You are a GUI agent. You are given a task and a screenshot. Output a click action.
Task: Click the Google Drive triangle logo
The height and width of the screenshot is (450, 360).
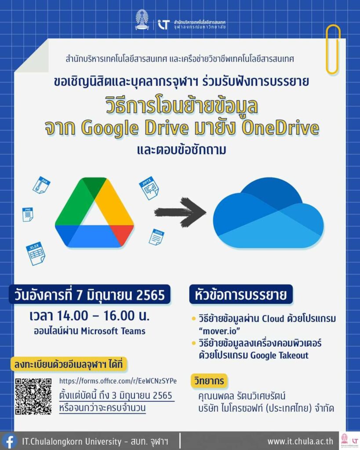tap(94, 213)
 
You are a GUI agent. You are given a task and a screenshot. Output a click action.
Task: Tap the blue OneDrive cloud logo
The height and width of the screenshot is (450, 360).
tap(269, 213)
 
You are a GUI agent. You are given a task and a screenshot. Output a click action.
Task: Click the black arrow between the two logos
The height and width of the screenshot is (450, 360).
tap(180, 212)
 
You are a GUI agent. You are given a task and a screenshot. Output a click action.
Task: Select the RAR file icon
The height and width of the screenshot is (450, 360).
tap(42, 185)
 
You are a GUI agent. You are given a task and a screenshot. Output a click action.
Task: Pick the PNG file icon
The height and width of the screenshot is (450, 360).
tap(28, 214)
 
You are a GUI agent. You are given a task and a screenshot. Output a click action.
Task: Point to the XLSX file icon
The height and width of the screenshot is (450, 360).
tap(36, 254)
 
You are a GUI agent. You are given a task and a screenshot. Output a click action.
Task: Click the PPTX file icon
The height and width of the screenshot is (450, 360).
tap(149, 188)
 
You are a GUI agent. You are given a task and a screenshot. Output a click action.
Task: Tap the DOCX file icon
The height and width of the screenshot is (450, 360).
tap(156, 237)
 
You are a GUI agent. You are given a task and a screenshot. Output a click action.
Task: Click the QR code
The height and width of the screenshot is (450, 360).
tap(33, 396)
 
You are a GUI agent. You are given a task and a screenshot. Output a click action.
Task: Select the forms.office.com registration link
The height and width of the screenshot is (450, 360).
tap(118, 381)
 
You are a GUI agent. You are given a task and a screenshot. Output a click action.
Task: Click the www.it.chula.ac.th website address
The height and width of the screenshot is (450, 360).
tap(301, 441)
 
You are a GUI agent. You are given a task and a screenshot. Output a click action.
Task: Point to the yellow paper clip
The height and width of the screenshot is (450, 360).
tap(333, 49)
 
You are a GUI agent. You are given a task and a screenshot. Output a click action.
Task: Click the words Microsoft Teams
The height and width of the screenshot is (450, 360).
tap(113, 331)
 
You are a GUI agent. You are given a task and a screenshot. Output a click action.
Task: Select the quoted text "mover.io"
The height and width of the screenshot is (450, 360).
tap(219, 331)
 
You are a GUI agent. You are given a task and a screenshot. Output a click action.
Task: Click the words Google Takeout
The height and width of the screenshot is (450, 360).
tap(279, 355)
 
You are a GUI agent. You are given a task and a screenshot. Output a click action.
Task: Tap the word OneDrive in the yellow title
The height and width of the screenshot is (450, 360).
tap(280, 128)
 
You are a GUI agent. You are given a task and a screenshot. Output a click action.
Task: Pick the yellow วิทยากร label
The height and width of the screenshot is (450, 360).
tap(209, 381)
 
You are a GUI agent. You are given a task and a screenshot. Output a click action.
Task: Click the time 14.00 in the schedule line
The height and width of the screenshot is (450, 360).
tap(73, 316)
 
